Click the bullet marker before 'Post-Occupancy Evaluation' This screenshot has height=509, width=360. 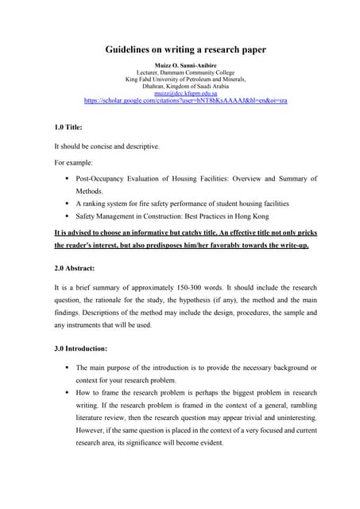tap(68, 179)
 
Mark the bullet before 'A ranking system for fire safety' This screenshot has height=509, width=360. tap(68, 204)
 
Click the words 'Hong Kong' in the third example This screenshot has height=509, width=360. tap(254, 216)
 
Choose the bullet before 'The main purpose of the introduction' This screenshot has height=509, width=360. tap(68, 368)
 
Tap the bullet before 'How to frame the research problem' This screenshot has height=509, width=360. tap(68, 393)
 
